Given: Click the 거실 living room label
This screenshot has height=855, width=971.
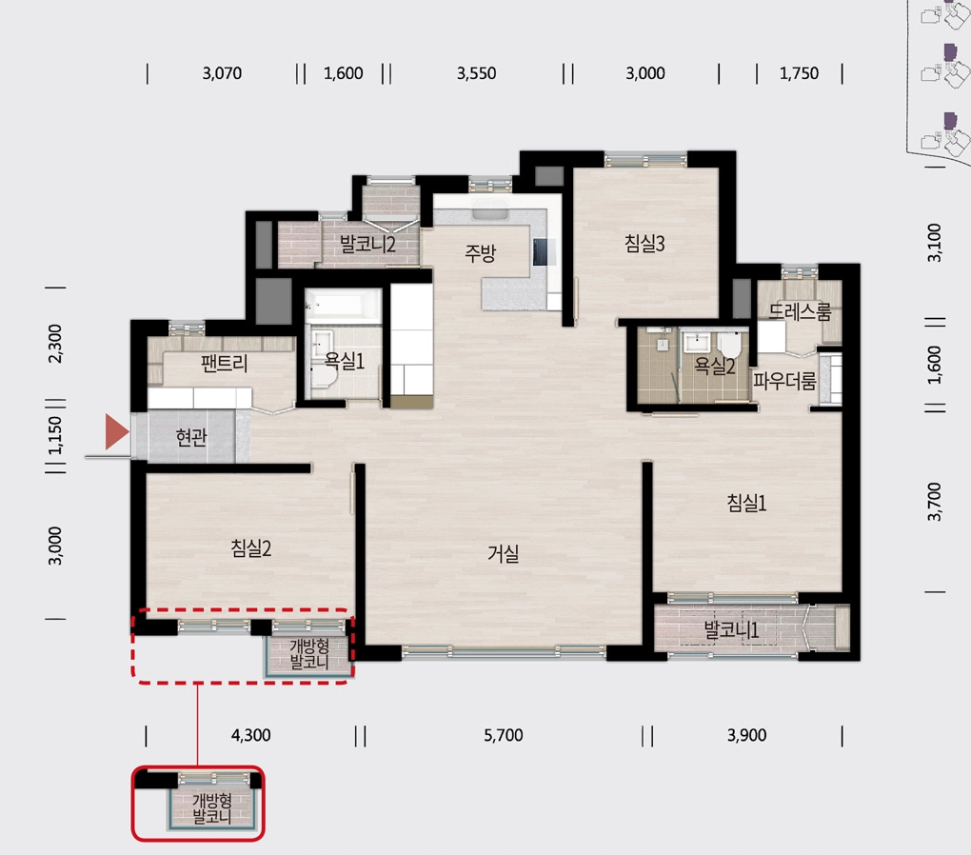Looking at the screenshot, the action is (503, 553).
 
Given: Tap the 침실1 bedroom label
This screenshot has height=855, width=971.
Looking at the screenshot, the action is (746, 503).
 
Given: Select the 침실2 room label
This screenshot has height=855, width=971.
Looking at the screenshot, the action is (250, 547).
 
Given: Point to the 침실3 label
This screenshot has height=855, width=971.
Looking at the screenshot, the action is (644, 243).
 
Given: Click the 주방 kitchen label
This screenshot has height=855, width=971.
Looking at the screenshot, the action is (481, 252).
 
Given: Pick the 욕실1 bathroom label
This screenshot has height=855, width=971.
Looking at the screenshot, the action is (345, 361).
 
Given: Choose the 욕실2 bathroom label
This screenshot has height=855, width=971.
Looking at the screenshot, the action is (714, 366).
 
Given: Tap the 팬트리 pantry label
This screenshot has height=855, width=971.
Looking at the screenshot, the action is (224, 363).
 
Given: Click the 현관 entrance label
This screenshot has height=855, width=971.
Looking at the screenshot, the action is (191, 437).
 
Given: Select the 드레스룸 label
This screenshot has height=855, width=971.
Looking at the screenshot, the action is (800, 311).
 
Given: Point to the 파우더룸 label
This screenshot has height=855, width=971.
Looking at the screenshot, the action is (784, 381).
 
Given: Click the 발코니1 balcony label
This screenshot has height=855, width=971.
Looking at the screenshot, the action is (731, 630).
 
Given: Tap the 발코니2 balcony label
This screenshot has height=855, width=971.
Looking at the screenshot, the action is (367, 244).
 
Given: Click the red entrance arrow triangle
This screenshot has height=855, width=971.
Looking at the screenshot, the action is (116, 431).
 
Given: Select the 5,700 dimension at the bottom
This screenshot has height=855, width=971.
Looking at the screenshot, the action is (503, 735).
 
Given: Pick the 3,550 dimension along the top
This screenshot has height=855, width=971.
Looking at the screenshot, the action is (476, 73).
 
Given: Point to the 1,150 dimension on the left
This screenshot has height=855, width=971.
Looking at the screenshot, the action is (55, 435).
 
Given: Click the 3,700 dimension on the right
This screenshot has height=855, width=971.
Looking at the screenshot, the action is (935, 501).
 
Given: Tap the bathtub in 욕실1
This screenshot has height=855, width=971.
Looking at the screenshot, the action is (343, 306).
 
